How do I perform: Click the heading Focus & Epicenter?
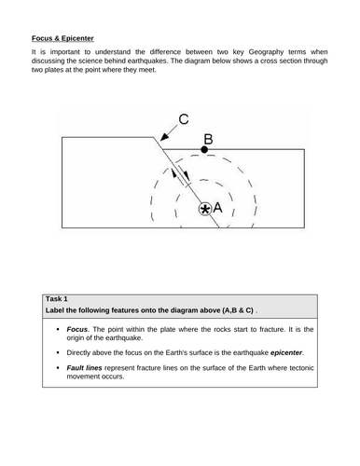click(x=62, y=38)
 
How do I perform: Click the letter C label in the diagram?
click(x=184, y=119)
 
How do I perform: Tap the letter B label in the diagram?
click(x=208, y=139)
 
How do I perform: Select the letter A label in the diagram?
click(x=217, y=208)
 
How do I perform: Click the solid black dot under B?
click(x=204, y=150)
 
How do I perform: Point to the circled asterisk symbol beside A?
click(x=205, y=209)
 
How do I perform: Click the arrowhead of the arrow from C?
click(x=164, y=137)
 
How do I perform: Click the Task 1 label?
click(x=57, y=299)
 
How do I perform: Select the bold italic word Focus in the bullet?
click(x=76, y=329)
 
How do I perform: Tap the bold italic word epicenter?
click(x=286, y=353)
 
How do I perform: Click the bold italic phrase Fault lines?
click(x=84, y=368)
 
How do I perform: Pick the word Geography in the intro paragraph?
click(x=266, y=52)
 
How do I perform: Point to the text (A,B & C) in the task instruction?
click(x=238, y=310)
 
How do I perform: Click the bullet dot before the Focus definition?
click(x=58, y=329)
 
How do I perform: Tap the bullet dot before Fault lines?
click(x=58, y=368)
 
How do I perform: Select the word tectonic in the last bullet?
click(x=301, y=368)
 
